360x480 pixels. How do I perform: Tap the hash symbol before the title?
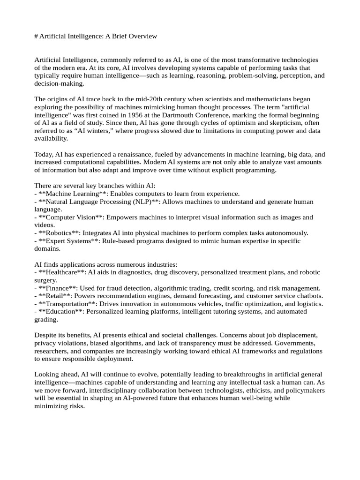(37, 36)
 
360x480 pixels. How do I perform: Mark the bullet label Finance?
(57, 288)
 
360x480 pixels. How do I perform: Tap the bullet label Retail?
(54, 296)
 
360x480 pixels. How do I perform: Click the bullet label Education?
(61, 312)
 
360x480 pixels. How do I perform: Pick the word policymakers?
(306, 390)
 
